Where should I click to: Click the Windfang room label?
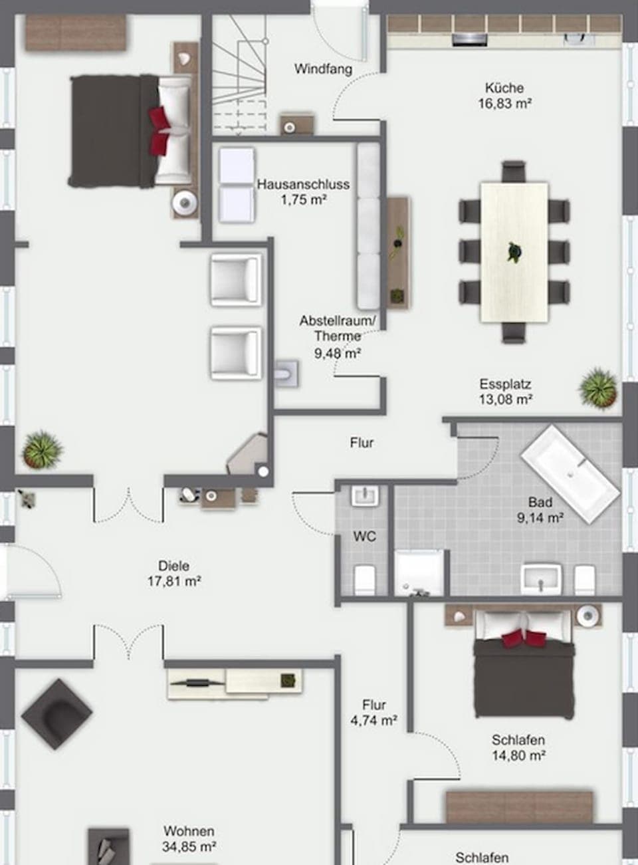(323, 69)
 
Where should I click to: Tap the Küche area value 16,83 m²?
(504, 104)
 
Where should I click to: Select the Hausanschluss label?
(303, 184)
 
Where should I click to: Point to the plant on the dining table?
(514, 252)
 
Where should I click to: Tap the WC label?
(365, 536)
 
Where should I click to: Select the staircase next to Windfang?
(239, 73)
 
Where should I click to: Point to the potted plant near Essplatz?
(598, 387)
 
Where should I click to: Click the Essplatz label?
(505, 384)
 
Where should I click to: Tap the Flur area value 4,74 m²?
(374, 720)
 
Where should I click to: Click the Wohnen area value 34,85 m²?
(189, 847)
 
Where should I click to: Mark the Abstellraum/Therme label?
(338, 328)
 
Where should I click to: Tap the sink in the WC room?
(365, 496)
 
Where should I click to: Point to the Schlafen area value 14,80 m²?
(518, 755)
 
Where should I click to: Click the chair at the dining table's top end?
(514, 171)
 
